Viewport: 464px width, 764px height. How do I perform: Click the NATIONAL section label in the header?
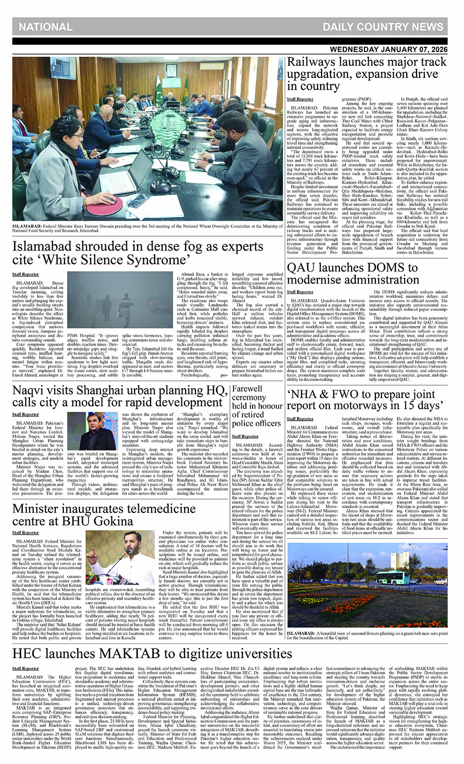pyautogui.click(x=46, y=27)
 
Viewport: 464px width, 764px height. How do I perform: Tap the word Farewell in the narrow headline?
pyautogui.click(x=247, y=389)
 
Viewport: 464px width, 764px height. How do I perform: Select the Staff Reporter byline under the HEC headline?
pyautogui.click(x=26, y=668)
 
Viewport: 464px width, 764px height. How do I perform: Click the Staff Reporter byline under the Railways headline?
pyautogui.click(x=300, y=99)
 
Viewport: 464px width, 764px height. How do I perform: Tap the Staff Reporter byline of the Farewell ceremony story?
pyautogui.click(x=245, y=436)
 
